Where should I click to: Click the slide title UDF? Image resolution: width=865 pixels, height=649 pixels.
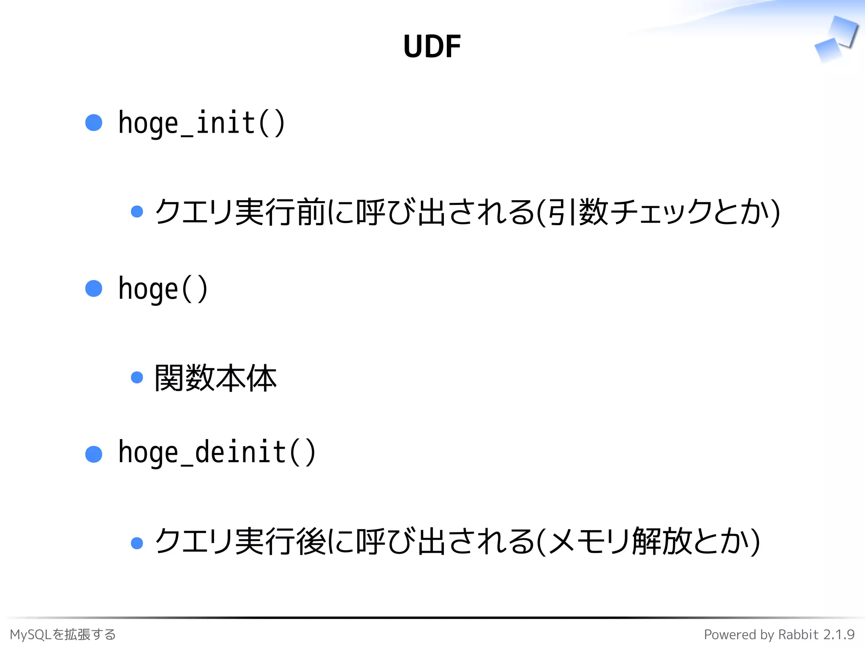[x=432, y=46]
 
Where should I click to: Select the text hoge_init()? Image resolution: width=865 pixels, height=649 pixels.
[x=201, y=123]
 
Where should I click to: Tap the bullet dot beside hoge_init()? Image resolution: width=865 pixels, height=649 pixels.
[x=94, y=123]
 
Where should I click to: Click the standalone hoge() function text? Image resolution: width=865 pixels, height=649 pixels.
[x=163, y=289]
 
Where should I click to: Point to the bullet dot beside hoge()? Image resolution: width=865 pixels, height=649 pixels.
[x=94, y=289]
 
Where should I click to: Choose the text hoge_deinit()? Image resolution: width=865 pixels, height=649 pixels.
[x=217, y=452]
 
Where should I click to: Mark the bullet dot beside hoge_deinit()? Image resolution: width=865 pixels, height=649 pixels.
[x=94, y=454]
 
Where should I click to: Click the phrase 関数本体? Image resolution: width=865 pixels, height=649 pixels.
[x=215, y=378]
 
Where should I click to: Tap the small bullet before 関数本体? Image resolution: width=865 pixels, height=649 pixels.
[x=137, y=377]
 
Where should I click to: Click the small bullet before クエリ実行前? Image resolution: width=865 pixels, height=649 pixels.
[x=137, y=211]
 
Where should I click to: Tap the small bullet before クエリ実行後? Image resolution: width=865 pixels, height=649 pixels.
[x=137, y=543]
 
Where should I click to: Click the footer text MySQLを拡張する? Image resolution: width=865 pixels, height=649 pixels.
[x=63, y=634]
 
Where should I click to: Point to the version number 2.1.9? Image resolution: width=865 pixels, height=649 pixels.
[x=839, y=634]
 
